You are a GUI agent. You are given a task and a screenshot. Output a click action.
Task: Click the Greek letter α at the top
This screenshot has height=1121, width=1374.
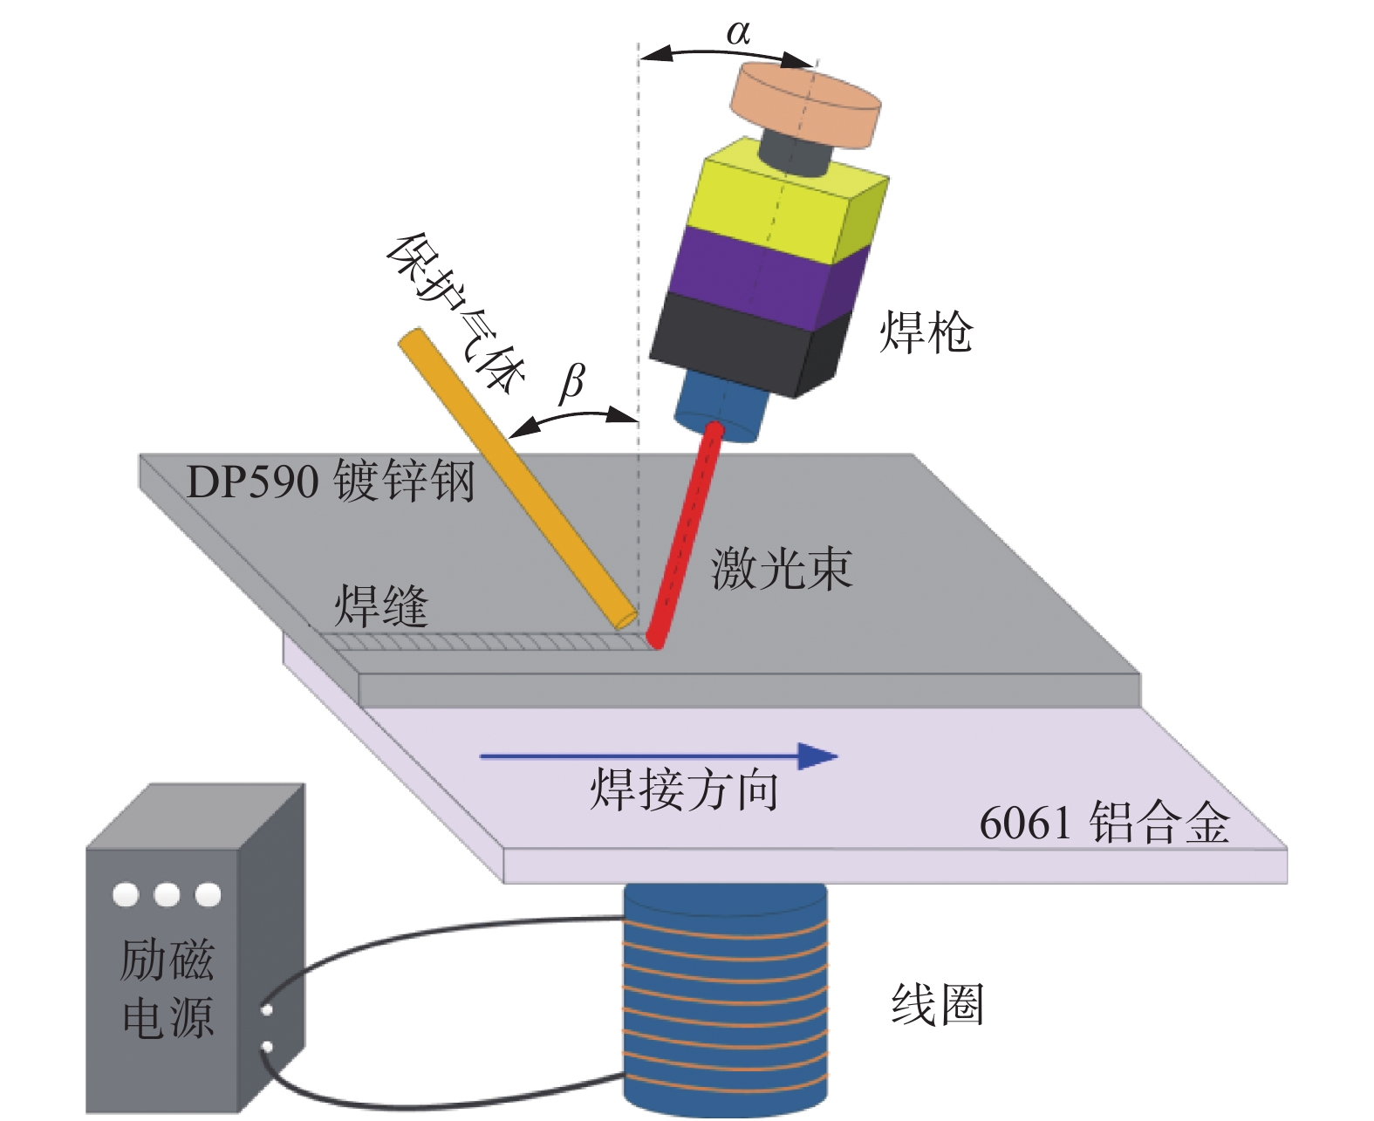[x=738, y=33]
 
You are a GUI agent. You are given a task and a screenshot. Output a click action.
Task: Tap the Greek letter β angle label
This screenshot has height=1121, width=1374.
[x=571, y=381]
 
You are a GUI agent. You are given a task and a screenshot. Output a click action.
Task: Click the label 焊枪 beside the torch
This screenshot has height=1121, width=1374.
[x=925, y=332]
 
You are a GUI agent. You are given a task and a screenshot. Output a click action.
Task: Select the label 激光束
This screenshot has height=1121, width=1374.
[x=781, y=569]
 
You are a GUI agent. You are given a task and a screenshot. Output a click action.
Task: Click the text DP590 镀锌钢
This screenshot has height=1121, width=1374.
[x=331, y=481]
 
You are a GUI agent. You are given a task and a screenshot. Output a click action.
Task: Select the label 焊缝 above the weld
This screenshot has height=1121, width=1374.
[x=381, y=605]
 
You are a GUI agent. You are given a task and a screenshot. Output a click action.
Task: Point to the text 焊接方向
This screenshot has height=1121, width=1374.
[x=684, y=790]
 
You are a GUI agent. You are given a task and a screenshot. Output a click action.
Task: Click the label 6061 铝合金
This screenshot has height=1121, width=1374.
[x=1104, y=823]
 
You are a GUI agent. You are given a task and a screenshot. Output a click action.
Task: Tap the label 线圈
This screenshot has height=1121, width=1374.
[x=937, y=1004]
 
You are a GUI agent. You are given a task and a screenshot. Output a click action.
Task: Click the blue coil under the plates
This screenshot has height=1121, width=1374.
[x=724, y=995]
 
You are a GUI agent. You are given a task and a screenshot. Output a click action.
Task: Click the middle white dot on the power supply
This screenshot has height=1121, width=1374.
[x=166, y=894]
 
